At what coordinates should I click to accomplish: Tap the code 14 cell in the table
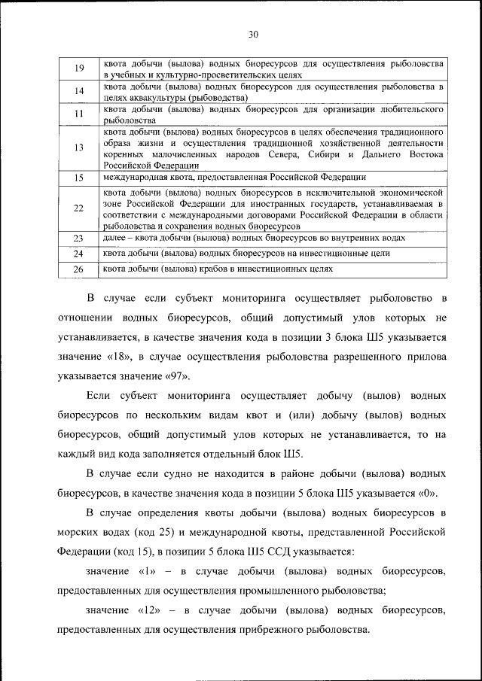click(79, 92)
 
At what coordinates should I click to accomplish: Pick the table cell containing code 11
click(79, 114)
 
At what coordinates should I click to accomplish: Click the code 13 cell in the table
click(79, 147)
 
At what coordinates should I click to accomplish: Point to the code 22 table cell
click(79, 208)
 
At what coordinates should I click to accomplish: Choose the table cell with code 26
click(79, 269)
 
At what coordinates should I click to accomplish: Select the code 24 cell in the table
click(79, 254)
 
